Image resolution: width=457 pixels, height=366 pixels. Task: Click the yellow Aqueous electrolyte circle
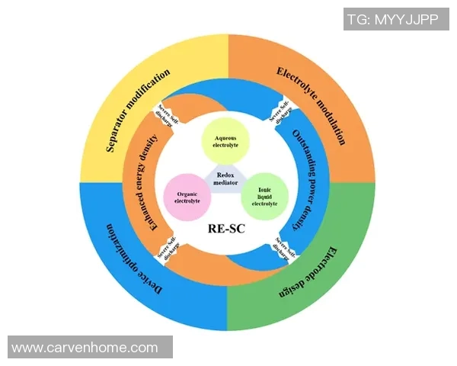(225, 140)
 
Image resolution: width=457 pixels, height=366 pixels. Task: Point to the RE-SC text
(227, 228)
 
